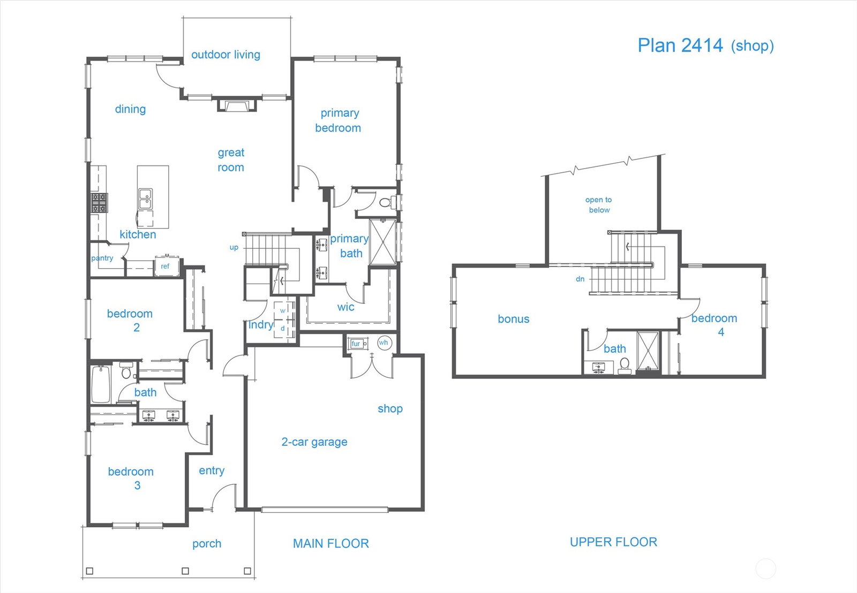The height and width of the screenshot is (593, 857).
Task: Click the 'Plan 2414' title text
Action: tap(680, 45)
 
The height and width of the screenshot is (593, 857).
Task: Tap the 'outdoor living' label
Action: tap(225, 55)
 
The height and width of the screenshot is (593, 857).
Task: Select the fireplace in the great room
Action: tap(237, 105)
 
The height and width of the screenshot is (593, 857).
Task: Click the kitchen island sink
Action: tap(145, 199)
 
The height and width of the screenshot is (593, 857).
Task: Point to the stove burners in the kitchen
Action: tap(99, 203)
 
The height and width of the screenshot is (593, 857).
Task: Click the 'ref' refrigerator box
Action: tap(167, 265)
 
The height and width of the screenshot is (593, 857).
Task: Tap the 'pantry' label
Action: tap(102, 258)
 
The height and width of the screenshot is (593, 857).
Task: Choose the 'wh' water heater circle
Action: tap(384, 343)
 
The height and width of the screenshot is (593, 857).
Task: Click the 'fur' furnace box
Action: tap(357, 344)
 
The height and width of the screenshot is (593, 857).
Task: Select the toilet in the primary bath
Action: tap(387, 202)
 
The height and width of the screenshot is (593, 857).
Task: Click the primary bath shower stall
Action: tap(383, 241)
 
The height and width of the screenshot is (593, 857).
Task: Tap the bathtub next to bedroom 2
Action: tap(101, 384)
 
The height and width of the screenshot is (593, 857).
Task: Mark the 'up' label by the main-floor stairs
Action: tap(234, 247)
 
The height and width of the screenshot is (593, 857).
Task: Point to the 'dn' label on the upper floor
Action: tap(580, 279)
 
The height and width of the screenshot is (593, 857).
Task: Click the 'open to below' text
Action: tap(599, 204)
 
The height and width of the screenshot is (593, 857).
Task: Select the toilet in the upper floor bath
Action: tap(625, 365)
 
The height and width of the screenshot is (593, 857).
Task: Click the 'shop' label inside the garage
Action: tap(390, 409)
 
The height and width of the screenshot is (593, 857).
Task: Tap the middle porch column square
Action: tap(185, 571)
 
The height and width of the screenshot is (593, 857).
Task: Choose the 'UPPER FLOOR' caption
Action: tap(613, 542)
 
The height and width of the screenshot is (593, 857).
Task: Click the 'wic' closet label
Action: tap(345, 307)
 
